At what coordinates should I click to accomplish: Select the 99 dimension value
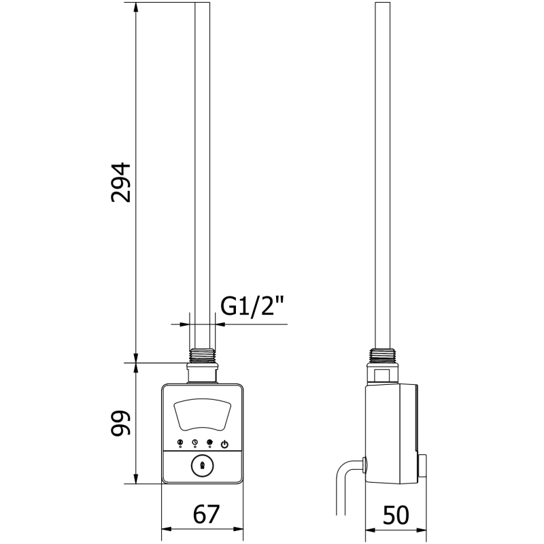click(120, 424)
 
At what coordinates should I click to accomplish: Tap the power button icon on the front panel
click(225, 443)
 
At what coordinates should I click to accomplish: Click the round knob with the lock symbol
click(203, 467)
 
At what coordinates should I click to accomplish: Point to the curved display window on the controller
click(203, 415)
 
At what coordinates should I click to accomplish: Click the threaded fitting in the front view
click(203, 356)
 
